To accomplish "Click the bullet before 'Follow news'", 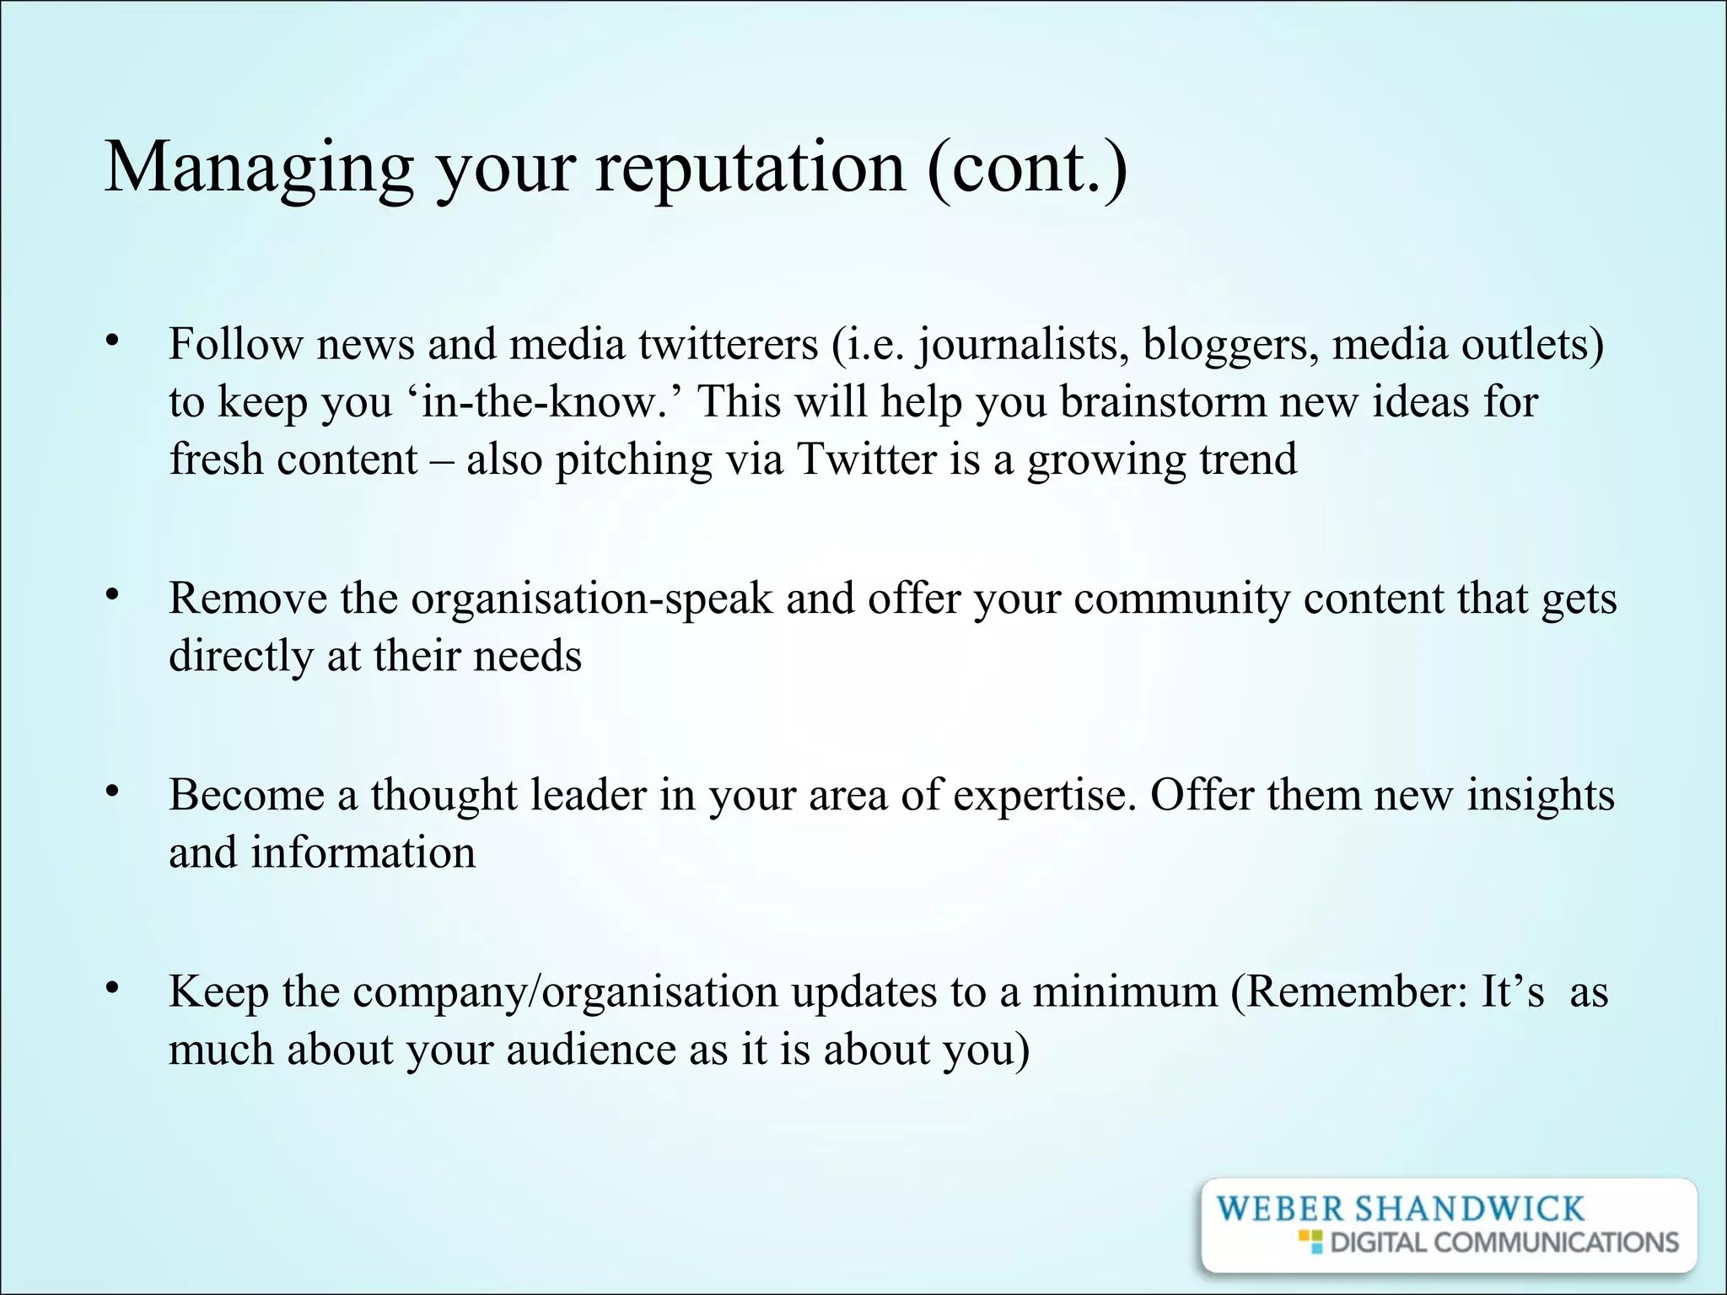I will (111, 341).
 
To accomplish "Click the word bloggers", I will (1230, 344).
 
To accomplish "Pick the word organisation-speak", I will (591, 599).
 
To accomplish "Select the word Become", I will (246, 795).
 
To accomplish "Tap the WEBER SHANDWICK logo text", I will (1400, 1209).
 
